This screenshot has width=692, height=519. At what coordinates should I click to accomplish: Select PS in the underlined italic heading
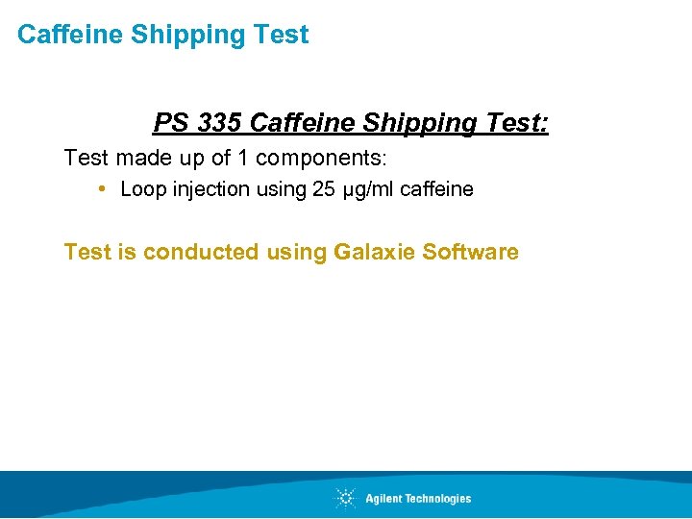169,124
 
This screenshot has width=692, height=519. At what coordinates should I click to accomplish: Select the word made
144,157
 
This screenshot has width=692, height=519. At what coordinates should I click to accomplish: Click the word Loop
143,189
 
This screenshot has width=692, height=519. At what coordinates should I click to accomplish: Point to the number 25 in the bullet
324,189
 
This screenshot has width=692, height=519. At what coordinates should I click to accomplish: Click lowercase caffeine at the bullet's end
436,189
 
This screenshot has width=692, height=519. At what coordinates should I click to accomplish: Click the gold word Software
471,252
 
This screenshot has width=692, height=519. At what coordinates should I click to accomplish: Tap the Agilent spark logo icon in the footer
345,498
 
